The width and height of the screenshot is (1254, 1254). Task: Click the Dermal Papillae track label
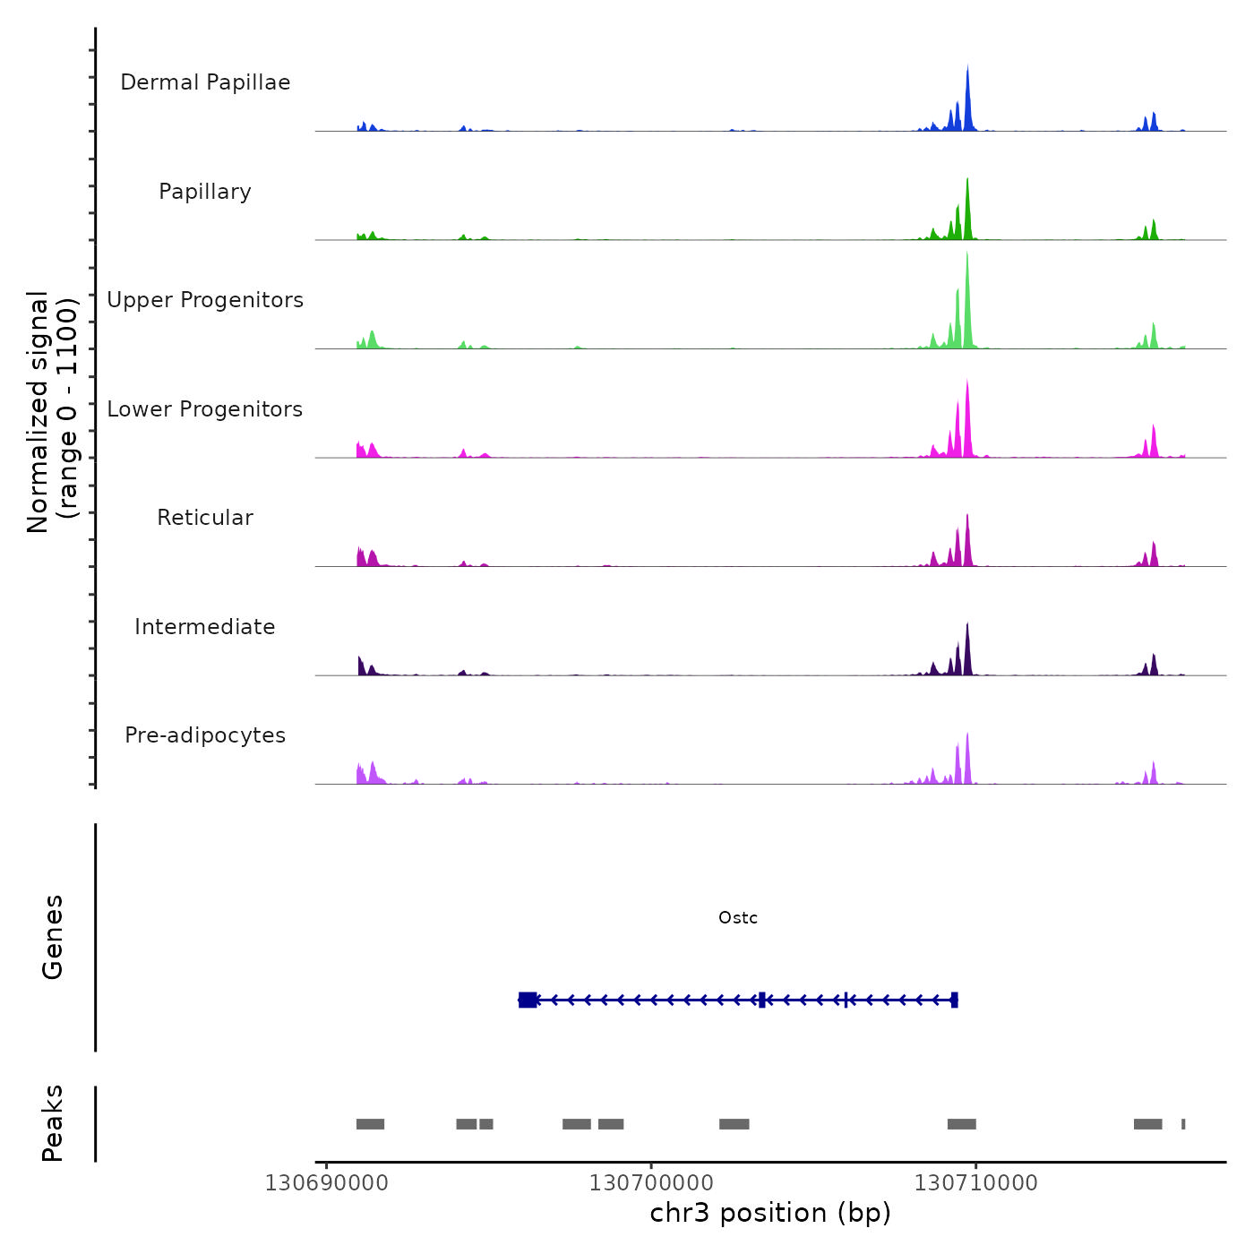[x=205, y=82]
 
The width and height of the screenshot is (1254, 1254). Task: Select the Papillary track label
[x=205, y=192]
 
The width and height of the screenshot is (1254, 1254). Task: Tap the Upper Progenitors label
[x=205, y=300]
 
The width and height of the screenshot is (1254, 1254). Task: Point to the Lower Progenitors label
[x=205, y=409]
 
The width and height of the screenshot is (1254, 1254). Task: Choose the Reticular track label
[x=205, y=518]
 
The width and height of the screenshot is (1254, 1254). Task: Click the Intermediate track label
[x=205, y=627]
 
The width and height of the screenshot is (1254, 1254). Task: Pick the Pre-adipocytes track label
[x=205, y=735]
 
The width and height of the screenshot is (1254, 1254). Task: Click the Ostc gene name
[x=738, y=918]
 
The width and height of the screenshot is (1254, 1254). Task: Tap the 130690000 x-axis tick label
[x=327, y=1183]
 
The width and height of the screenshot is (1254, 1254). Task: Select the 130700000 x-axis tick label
[x=651, y=1183]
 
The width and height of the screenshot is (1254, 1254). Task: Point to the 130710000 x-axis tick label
[x=975, y=1183]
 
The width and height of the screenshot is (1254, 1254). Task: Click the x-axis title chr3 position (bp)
[x=770, y=1213]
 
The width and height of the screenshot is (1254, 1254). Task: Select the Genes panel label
[x=53, y=937]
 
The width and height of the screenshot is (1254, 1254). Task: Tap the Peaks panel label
[x=53, y=1123]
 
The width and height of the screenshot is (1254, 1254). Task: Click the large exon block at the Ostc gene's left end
[x=528, y=1000]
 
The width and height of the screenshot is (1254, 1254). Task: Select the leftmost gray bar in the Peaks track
[x=370, y=1124]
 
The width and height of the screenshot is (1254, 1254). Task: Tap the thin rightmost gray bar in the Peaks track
[x=1183, y=1124]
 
